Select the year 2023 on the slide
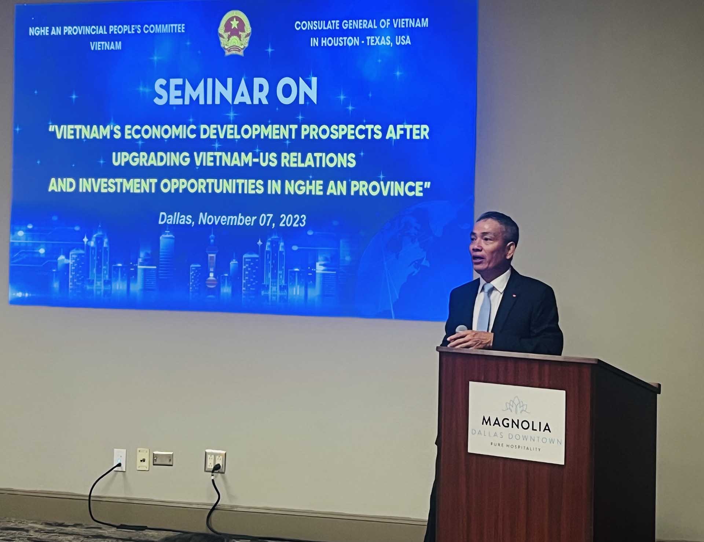click(292, 221)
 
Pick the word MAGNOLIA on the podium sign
click(516, 427)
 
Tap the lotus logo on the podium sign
click(517, 405)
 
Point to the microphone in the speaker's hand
click(460, 329)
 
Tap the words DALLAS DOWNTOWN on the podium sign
click(517, 440)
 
